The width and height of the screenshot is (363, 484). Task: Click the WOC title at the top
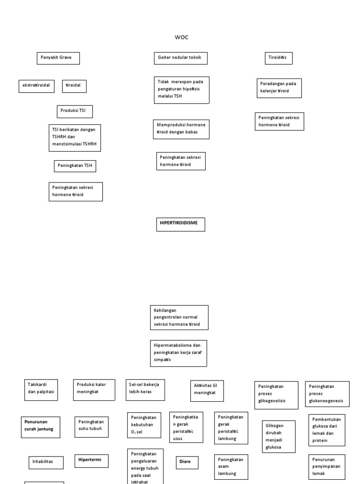click(x=181, y=37)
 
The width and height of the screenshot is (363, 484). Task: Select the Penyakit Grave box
click(x=58, y=58)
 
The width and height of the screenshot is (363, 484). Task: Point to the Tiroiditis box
click(x=278, y=58)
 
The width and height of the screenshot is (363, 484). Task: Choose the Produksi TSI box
click(x=75, y=112)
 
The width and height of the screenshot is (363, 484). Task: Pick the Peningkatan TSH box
click(x=75, y=166)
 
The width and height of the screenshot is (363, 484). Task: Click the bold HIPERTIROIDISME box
click(x=181, y=224)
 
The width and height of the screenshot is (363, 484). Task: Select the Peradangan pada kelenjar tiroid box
click(x=279, y=88)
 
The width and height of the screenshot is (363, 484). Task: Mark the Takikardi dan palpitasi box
click(x=42, y=390)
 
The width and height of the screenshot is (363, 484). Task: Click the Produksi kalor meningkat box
click(x=94, y=390)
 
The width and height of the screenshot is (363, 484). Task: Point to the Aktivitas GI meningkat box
click(x=207, y=390)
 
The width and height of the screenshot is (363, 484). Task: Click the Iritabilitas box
click(x=45, y=462)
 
